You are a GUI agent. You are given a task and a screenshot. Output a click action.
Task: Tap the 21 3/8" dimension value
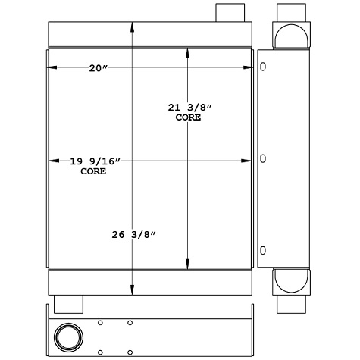click(x=189, y=108)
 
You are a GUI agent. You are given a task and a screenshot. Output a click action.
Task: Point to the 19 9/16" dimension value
click(x=94, y=161)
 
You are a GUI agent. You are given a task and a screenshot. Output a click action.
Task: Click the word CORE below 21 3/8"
click(x=188, y=117)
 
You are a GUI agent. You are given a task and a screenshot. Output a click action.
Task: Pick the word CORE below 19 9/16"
click(x=93, y=171)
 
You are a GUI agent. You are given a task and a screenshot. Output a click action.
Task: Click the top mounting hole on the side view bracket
click(x=263, y=67)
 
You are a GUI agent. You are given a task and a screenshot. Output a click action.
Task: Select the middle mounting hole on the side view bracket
click(x=263, y=159)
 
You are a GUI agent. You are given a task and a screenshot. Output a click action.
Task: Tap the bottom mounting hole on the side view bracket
click(x=263, y=251)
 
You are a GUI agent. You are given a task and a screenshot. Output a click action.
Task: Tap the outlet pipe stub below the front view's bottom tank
click(x=68, y=302)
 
